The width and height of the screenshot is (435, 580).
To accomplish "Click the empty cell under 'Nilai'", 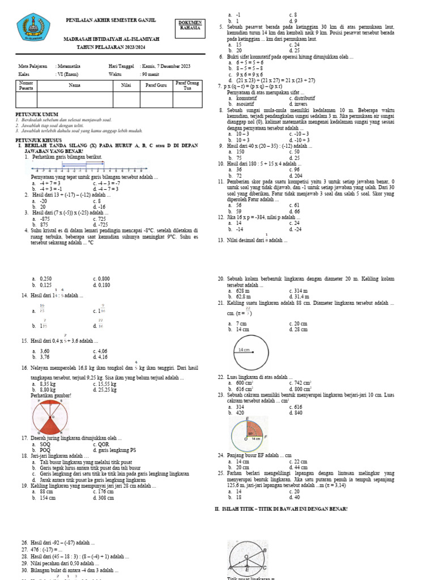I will (x=126, y=100).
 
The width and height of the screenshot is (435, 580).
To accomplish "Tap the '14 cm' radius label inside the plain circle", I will (x=244, y=351).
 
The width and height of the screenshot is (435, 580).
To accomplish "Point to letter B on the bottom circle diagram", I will (x=265, y=550).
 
